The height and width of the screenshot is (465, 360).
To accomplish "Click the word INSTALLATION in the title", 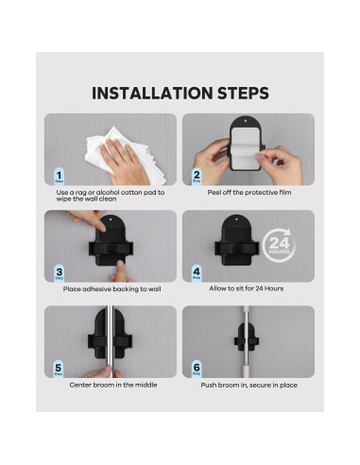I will [x=151, y=93].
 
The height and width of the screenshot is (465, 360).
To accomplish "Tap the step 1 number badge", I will [x=59, y=176].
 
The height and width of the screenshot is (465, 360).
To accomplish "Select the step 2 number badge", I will [x=197, y=176].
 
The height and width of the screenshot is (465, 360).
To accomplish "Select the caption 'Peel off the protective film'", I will [x=249, y=193].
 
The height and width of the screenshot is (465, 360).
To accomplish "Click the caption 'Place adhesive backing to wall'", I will [x=111, y=289].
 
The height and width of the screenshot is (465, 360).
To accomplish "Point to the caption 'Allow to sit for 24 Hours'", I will [x=249, y=289].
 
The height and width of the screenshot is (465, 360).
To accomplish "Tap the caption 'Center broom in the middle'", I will [x=111, y=385].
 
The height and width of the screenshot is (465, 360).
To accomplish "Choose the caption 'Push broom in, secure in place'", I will [x=249, y=385].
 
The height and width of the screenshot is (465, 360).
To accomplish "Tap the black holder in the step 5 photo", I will [x=111, y=339].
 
